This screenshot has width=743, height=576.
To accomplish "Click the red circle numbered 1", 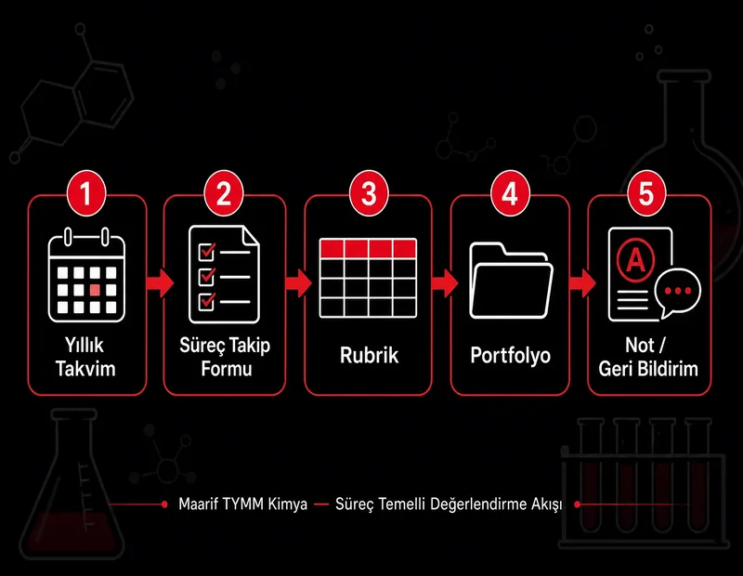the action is click(86, 193).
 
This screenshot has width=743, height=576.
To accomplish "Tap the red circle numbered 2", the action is click(224, 193).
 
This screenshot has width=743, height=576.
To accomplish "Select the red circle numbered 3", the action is click(369, 193).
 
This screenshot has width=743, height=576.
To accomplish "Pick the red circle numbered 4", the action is click(509, 193).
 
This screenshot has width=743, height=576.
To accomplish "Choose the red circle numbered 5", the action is click(646, 193).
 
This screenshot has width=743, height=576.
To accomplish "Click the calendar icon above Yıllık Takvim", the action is click(86, 275).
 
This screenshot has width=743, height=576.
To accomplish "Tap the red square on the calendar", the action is click(95, 290).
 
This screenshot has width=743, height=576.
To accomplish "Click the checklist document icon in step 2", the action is click(224, 274).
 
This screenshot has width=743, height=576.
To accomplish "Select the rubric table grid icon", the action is click(368, 279).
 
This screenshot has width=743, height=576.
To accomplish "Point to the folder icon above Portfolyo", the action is click(511, 281).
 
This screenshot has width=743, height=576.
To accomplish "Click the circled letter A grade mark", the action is click(636, 259).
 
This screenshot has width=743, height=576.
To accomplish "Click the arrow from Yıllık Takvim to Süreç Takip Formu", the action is click(160, 283).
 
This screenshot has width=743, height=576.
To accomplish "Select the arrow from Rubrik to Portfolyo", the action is click(445, 283).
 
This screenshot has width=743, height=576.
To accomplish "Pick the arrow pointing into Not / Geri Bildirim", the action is click(582, 283).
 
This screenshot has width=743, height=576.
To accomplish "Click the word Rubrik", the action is click(369, 356).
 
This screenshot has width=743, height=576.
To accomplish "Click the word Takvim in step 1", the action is click(85, 369).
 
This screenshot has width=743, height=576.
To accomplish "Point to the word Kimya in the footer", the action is click(288, 504).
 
